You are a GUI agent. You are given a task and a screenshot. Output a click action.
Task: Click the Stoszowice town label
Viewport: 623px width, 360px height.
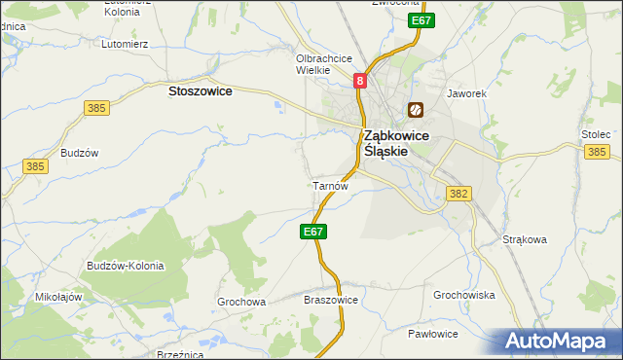click(200, 90)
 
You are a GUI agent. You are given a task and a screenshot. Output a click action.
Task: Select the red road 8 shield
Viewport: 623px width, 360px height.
click(360, 83)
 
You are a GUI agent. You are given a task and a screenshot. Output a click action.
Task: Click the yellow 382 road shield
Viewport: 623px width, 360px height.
click(459, 195)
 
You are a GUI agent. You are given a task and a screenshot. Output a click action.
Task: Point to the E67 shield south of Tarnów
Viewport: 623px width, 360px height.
click(312, 232)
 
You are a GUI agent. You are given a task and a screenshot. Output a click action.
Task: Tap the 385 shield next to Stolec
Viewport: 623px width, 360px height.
click(597, 152)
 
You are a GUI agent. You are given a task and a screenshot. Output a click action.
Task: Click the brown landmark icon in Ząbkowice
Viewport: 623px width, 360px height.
click(416, 111)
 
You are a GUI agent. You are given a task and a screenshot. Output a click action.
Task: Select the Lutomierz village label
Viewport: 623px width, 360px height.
click(125, 44)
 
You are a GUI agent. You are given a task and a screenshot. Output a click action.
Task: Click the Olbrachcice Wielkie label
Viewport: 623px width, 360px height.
click(324, 63)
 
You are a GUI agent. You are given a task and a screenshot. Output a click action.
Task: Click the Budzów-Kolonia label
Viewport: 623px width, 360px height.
click(125, 266)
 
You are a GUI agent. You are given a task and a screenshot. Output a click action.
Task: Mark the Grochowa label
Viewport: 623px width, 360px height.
click(241, 302)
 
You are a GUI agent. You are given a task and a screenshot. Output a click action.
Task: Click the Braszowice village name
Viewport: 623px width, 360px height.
click(332, 300)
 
